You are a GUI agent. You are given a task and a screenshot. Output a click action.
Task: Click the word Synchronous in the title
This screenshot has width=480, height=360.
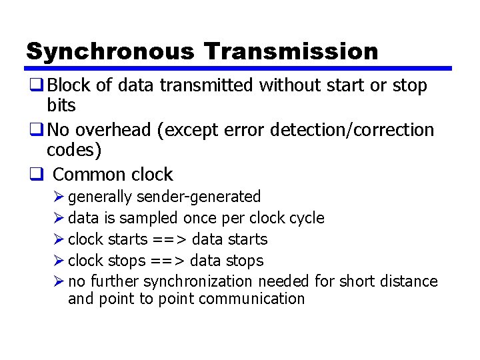pos(110,51)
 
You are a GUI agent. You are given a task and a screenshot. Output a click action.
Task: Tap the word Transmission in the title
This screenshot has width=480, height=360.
pos(291,51)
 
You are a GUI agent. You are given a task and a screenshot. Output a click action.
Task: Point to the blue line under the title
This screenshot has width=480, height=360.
pos(238,68)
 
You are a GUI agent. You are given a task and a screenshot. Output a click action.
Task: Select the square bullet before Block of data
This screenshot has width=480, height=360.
pos(36,85)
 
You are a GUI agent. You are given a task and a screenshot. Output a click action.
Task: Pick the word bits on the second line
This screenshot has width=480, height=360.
pos(61,105)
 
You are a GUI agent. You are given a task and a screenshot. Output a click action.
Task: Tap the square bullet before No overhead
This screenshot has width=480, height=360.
pos(36,129)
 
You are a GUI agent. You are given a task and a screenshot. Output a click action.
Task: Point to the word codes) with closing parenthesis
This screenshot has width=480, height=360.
pos(74,150)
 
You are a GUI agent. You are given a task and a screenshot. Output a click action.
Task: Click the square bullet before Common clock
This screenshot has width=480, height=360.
pos(36,175)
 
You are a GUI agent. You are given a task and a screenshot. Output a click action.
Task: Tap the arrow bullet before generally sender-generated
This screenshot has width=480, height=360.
pos(59,197)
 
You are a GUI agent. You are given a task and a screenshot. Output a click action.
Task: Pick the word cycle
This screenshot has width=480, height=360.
pos(307,218)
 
